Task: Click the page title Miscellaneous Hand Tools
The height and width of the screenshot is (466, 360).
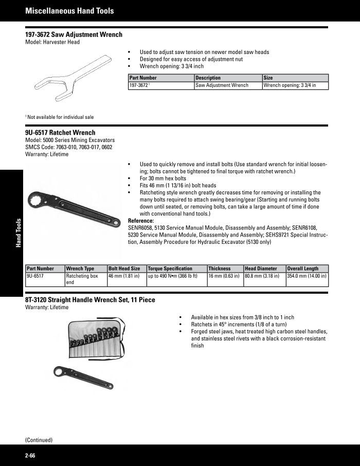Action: point(69,10)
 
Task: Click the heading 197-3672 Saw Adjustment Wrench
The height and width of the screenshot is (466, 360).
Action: point(74,35)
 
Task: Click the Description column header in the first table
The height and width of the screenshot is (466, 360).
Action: point(208,78)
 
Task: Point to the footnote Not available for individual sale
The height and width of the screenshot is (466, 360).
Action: point(60,117)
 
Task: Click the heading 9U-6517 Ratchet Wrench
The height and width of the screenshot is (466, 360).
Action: point(60,133)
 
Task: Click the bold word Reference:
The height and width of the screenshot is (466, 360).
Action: point(140,221)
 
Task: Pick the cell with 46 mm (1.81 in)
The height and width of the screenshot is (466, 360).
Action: point(124,276)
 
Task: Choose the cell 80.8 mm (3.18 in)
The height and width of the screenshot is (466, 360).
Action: point(262,276)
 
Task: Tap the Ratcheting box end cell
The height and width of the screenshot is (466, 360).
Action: point(82,279)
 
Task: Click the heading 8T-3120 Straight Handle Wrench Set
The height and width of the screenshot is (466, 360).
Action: point(90,300)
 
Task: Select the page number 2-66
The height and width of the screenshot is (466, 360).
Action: point(30,456)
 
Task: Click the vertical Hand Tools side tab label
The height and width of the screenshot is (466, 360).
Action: point(18,233)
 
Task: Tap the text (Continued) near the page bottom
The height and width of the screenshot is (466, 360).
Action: point(39,440)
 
